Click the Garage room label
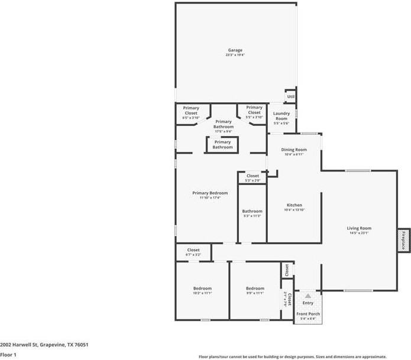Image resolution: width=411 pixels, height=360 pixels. (x=235, y=50)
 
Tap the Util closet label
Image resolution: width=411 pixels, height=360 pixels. (x=290, y=96)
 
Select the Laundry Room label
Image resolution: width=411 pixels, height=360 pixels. (x=281, y=116)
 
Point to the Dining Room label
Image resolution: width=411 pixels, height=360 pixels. (x=294, y=150)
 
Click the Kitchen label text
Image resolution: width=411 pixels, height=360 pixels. (x=294, y=205)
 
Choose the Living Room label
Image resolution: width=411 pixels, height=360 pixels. (x=359, y=228)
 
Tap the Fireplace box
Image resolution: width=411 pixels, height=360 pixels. (x=404, y=241)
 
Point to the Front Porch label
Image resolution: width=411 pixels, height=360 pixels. (x=308, y=313)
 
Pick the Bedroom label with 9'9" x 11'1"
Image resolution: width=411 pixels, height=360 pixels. (x=255, y=288)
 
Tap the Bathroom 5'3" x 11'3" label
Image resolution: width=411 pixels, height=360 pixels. (x=252, y=211)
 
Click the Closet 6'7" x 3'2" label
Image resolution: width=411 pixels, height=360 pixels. (x=193, y=250)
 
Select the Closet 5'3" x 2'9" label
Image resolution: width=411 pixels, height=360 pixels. (x=253, y=176)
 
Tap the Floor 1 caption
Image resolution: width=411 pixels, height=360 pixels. (x=8, y=355)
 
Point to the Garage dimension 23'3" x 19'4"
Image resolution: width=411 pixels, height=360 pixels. (x=235, y=55)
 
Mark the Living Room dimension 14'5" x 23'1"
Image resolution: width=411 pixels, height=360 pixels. (x=359, y=233)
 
